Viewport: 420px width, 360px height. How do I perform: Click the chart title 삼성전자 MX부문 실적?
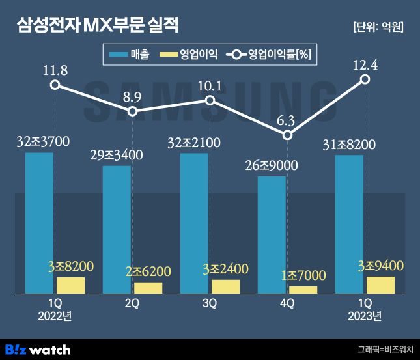coord(98,27)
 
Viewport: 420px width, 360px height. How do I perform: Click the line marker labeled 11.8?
coord(55,85)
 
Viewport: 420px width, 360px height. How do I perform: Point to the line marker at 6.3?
coord(288,135)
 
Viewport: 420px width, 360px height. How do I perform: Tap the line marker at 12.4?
coord(365,79)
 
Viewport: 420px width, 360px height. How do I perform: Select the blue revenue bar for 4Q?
coord(272,235)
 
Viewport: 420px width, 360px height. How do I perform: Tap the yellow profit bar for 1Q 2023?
coord(380,285)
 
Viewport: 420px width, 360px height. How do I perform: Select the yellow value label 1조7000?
coord(303,275)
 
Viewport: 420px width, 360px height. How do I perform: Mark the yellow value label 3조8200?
coord(71,266)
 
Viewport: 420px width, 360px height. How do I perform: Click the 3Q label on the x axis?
coord(210,303)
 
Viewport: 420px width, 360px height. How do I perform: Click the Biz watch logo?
coord(38,349)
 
